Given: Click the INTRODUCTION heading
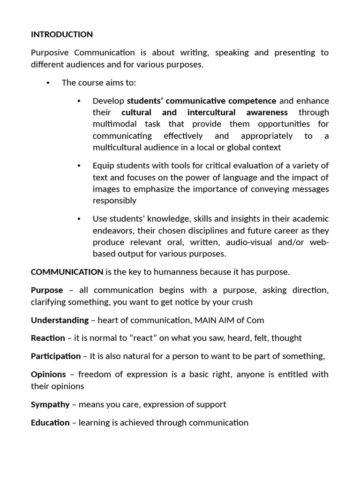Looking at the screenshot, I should (62, 35).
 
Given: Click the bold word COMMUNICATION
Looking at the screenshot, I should (67, 272).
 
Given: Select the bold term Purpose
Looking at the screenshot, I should (47, 290).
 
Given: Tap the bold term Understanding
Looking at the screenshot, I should (60, 320).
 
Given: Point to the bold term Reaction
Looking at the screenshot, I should (48, 338).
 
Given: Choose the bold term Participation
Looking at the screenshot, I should (56, 356).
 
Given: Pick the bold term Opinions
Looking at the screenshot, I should (48, 375).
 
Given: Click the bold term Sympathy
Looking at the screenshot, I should (50, 405).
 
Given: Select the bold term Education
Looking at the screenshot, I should (50, 423).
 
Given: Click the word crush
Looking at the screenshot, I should (241, 302).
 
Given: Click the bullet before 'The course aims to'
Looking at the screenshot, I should (48, 83).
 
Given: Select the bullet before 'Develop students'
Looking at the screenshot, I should (79, 101).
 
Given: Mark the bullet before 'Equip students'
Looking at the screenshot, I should (79, 166).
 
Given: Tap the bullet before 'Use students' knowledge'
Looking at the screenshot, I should (79, 219).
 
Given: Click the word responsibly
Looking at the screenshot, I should (114, 201).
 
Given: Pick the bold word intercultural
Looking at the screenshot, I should (214, 112).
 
